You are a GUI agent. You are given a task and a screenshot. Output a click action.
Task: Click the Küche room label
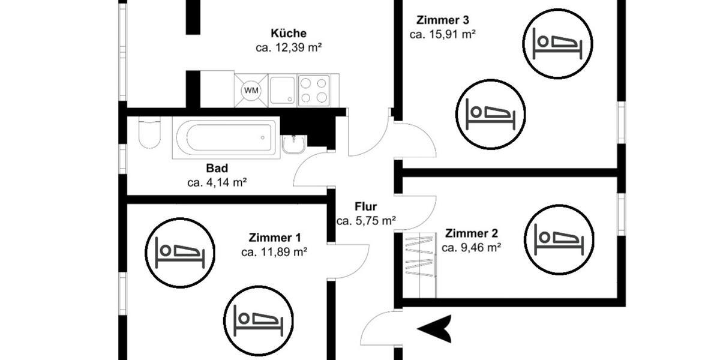(x=289, y=33)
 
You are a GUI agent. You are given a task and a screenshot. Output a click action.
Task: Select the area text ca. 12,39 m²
(x=289, y=48)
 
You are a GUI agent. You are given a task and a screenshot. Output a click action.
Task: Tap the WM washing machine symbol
(x=251, y=90)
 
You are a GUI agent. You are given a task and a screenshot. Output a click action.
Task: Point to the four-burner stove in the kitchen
(x=314, y=90)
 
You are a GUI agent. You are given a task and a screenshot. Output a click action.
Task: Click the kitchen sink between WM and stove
(x=282, y=90)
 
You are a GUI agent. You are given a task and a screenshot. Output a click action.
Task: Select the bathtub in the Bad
(x=226, y=138)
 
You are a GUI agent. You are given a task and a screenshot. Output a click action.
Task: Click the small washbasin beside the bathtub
(x=294, y=144)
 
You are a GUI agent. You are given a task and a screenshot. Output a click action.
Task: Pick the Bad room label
(x=217, y=169)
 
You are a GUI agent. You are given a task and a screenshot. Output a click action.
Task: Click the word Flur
(x=365, y=207)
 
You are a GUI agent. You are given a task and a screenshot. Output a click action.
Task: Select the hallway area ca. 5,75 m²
(x=365, y=221)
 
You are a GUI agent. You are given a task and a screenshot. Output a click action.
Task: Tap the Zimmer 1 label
(x=274, y=238)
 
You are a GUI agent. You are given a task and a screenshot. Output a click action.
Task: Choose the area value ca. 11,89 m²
(x=274, y=252)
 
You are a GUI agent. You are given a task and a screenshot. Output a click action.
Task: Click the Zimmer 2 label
(x=471, y=233)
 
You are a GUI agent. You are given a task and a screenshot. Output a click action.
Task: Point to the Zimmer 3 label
(x=442, y=20)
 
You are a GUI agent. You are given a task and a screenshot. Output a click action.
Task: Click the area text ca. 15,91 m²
(x=442, y=34)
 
